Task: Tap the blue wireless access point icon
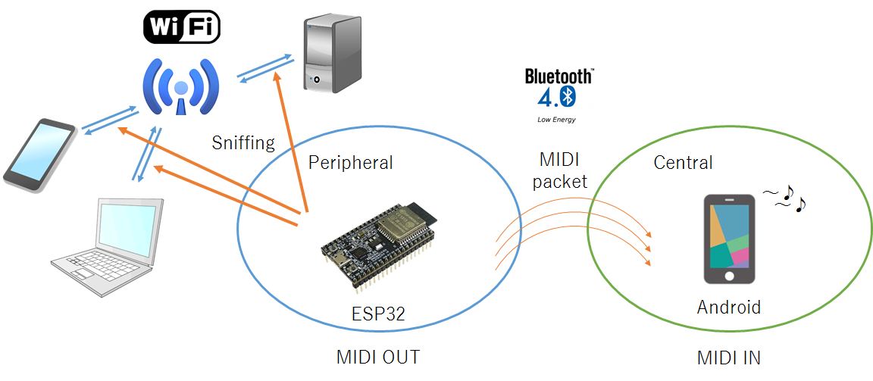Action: click(181, 85)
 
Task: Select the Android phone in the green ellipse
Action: click(729, 239)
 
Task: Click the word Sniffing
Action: click(242, 142)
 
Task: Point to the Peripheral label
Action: click(350, 162)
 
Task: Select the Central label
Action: click(683, 162)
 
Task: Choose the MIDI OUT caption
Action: click(377, 358)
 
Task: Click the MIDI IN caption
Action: click(728, 358)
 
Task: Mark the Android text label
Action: click(728, 307)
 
